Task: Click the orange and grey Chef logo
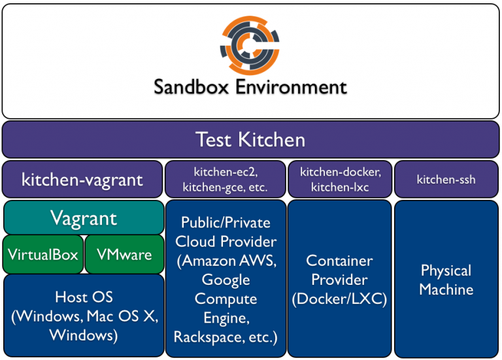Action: pyautogui.click(x=250, y=46)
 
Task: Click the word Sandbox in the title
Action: pyautogui.click(x=191, y=87)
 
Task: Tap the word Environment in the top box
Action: pyautogui.click(x=292, y=87)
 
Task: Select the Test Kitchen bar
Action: pyautogui.click(x=251, y=140)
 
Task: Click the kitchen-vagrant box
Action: pyautogui.click(x=82, y=179)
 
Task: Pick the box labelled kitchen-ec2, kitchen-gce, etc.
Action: pyautogui.click(x=225, y=179)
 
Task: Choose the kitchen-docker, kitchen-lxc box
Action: pyautogui.click(x=340, y=179)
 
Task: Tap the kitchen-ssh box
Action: pyautogui.click(x=446, y=179)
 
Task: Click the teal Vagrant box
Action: pyautogui.click(x=84, y=218)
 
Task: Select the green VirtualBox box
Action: pyautogui.click(x=43, y=254)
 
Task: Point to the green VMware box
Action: pyautogui.click(x=125, y=254)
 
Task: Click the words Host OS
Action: pyautogui.click(x=84, y=297)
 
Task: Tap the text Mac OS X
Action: pyautogui.click(x=122, y=316)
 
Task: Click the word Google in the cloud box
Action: pyautogui.click(x=226, y=280)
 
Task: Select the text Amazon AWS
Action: pyautogui.click(x=229, y=261)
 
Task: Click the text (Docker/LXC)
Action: pyautogui.click(x=339, y=299)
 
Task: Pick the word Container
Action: pyautogui.click(x=339, y=261)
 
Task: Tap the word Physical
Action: pyautogui.click(x=446, y=270)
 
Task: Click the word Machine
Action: pyautogui.click(x=446, y=289)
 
